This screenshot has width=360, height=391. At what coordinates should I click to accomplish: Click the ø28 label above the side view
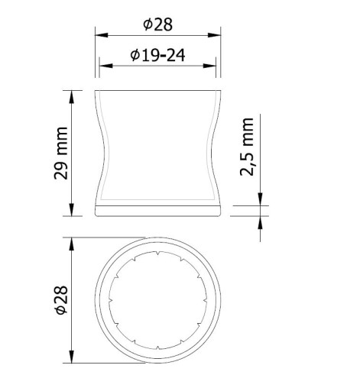point(157,24)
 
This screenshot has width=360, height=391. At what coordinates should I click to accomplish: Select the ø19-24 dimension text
point(157,55)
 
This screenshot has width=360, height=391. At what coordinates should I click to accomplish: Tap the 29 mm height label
point(61,153)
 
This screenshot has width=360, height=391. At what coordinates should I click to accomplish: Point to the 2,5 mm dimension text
point(247,147)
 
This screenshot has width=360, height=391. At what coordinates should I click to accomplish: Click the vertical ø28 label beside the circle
point(61,300)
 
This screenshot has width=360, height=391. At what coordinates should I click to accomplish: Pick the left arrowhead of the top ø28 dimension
point(102,35)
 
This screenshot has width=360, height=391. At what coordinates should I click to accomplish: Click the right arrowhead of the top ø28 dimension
point(214,35)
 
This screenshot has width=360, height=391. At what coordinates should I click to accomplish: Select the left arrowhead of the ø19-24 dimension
point(105,66)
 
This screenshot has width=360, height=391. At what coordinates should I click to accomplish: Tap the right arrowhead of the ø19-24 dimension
point(209,66)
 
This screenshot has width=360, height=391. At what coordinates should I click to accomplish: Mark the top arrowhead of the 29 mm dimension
point(72,97)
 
